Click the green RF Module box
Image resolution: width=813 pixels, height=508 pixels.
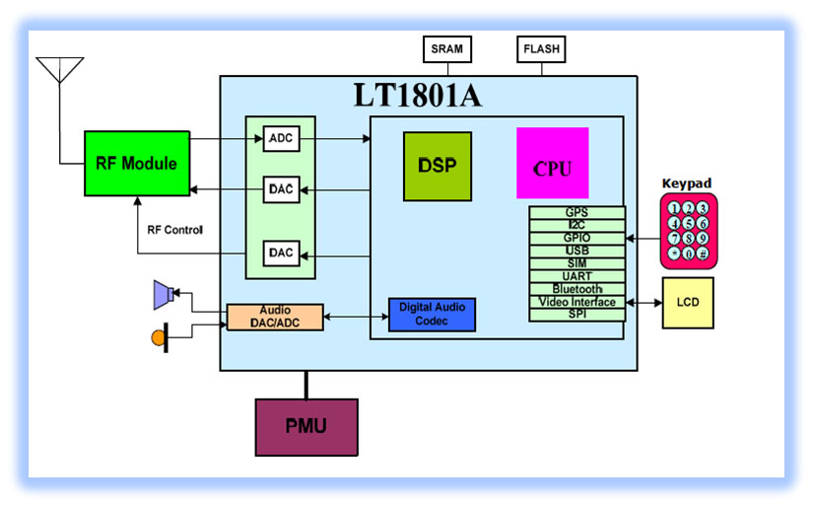[x=136, y=163]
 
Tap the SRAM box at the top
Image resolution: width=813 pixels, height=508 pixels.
[x=446, y=47]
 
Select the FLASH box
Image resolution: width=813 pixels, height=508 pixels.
[x=541, y=47]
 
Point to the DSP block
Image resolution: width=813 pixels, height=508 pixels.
[x=438, y=166]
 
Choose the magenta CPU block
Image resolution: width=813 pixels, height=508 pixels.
[x=552, y=164]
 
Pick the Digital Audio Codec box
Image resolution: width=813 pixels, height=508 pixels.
[x=432, y=315]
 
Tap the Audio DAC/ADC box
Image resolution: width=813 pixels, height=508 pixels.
[x=275, y=316]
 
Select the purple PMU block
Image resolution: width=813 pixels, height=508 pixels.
[x=306, y=427]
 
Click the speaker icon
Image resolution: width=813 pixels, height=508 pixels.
[x=164, y=293]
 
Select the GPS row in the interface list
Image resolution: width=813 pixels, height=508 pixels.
[x=576, y=212]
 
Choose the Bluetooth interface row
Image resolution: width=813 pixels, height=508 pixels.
[x=576, y=289]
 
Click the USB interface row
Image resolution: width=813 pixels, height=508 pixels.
[x=576, y=251]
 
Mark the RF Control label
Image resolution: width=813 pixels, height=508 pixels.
[x=174, y=231]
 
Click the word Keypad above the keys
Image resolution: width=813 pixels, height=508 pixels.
[x=686, y=184]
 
